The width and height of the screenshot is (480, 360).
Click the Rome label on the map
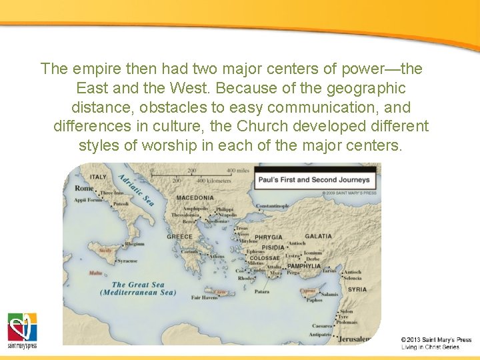pyautogui.click(x=85, y=189)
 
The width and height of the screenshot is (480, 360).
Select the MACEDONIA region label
pyautogui.click(x=195, y=198)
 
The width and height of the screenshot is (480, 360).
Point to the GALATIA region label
pyautogui.click(x=318, y=237)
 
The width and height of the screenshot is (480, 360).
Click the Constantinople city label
pyautogui.click(x=273, y=206)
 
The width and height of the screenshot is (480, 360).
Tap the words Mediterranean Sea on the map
pyautogui.click(x=138, y=293)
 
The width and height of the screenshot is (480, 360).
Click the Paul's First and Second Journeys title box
pyautogui.click(x=314, y=179)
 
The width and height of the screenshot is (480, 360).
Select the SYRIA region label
pyautogui.click(x=357, y=289)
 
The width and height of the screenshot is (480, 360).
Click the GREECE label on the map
pyautogui.click(x=179, y=237)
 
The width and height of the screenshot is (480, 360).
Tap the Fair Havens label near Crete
pyautogui.click(x=205, y=297)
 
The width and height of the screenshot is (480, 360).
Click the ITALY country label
pyautogui.click(x=98, y=177)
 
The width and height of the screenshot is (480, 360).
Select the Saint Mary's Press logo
pyautogui.click(x=22, y=331)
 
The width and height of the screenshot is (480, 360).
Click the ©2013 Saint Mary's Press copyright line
pyautogui.click(x=436, y=339)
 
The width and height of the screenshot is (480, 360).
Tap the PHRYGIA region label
pyautogui.click(x=268, y=237)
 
